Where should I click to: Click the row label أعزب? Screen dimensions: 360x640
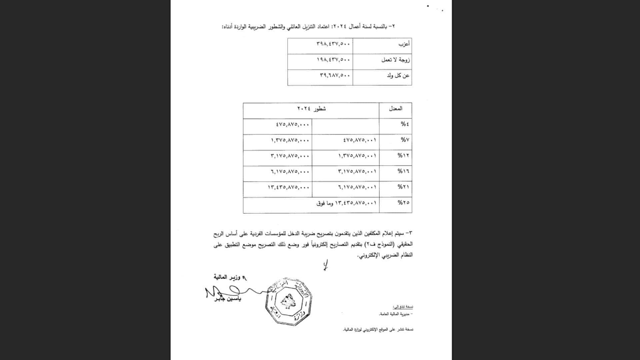(404, 44)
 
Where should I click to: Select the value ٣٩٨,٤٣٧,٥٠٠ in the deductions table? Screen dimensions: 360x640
(333, 44)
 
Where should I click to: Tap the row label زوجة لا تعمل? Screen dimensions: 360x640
(395, 60)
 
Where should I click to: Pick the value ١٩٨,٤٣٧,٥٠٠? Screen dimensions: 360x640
(333, 60)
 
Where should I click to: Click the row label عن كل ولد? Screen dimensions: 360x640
(398, 76)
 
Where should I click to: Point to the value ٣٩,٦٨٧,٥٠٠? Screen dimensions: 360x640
(335, 75)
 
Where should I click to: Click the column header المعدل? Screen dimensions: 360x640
(395, 108)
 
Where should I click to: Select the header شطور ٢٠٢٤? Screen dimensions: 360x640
(311, 108)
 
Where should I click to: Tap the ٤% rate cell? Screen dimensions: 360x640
(405, 124)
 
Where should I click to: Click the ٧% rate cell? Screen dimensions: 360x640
(405, 140)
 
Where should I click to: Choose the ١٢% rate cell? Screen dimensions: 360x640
(403, 156)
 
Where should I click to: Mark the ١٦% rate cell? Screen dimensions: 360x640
(403, 171)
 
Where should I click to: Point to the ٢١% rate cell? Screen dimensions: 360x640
(403, 187)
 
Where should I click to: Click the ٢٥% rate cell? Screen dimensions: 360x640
(403, 203)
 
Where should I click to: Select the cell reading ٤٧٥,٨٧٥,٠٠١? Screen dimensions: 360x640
(359, 140)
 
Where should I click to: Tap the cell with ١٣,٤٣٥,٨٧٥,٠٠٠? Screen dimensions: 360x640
(288, 187)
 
